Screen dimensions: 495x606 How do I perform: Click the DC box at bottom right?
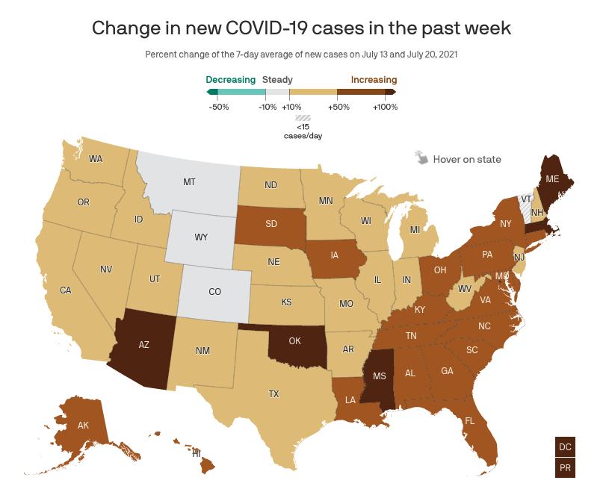(x=566, y=446)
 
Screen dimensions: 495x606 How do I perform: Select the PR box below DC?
(x=566, y=468)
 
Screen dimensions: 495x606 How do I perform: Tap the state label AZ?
(x=146, y=346)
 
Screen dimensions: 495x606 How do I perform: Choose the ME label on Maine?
(x=552, y=178)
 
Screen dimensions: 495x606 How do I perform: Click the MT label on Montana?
(x=190, y=181)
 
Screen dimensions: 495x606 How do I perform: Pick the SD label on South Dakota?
(x=273, y=222)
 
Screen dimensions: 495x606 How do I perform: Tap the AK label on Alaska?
(x=84, y=426)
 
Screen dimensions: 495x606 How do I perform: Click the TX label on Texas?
(x=274, y=393)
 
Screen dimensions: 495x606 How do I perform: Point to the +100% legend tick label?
(x=385, y=107)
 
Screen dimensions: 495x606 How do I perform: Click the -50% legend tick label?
(x=218, y=107)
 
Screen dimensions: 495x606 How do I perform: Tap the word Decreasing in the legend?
(x=231, y=79)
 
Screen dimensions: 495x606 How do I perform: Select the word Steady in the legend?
(x=277, y=79)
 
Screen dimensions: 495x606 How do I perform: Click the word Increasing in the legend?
(x=373, y=79)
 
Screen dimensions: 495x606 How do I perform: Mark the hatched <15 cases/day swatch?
(x=303, y=117)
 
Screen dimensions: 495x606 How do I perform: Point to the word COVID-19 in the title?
(x=276, y=28)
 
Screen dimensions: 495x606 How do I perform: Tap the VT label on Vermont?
(x=526, y=199)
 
